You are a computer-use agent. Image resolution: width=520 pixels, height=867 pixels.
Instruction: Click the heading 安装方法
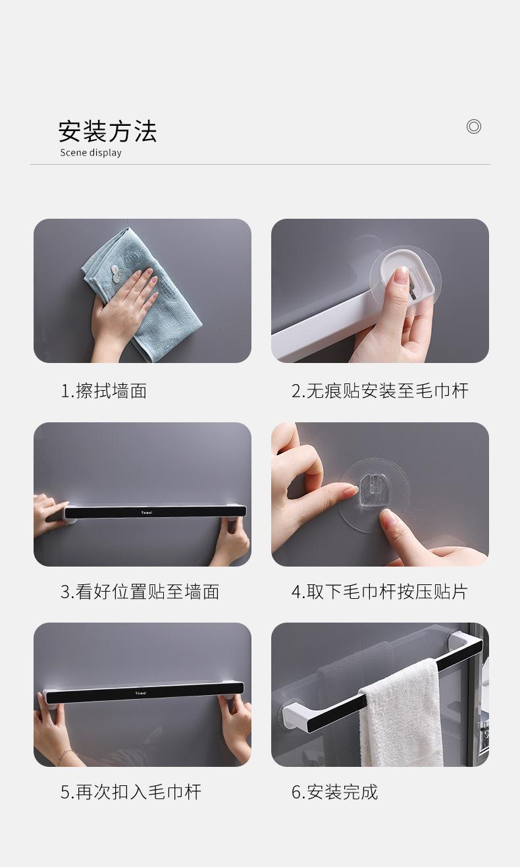click(107, 131)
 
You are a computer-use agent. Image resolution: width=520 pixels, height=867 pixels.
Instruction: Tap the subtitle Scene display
click(91, 153)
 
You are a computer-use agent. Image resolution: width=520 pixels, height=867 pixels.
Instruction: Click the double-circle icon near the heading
click(473, 126)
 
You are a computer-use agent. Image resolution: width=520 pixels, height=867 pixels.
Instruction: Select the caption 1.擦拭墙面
click(103, 391)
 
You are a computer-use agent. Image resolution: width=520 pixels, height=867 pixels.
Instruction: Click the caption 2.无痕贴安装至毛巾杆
click(380, 391)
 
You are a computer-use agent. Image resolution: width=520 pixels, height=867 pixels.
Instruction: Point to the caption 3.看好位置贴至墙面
click(140, 592)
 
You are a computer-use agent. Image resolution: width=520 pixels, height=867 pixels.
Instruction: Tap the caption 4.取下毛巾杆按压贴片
click(379, 592)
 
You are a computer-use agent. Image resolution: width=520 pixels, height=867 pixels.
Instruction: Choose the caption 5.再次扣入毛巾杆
click(130, 792)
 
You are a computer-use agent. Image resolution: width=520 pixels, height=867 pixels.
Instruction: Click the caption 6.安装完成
click(334, 792)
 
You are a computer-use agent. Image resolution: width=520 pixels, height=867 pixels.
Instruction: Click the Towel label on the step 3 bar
click(146, 512)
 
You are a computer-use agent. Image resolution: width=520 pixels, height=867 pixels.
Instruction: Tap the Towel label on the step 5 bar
click(141, 693)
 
